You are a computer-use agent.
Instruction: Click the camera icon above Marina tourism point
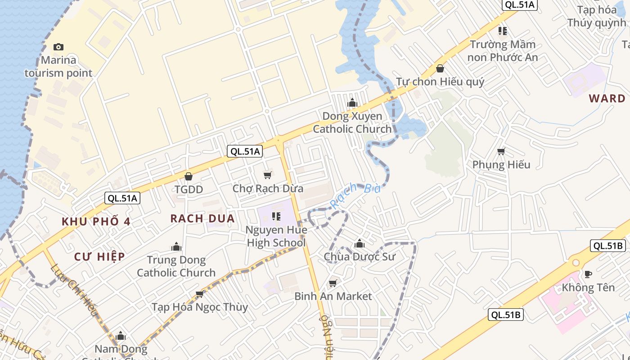[58, 47]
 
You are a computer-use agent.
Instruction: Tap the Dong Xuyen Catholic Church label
[352, 122]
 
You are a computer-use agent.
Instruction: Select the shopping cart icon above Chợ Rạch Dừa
[268, 175]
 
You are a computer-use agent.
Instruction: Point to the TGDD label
[189, 189]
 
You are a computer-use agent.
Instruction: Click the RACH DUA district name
[202, 219]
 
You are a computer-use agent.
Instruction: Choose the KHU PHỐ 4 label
[96, 221]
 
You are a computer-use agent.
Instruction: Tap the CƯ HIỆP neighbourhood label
[99, 256]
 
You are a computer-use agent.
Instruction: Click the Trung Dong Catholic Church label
[176, 266]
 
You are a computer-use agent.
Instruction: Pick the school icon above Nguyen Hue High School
[276, 217]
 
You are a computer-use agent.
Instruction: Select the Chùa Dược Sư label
[359, 257]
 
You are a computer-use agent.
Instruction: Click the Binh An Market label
[333, 296]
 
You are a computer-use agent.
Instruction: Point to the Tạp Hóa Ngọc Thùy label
[199, 307]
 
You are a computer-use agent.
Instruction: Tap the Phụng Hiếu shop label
[501, 165]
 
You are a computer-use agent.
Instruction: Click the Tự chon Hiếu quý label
[440, 81]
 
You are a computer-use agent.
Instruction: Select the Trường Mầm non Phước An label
[503, 51]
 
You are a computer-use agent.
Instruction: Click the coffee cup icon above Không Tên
[588, 274]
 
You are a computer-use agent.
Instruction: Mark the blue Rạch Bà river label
[355, 194]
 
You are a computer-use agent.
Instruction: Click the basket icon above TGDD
[189, 176]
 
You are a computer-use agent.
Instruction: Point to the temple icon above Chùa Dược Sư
[359, 244]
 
